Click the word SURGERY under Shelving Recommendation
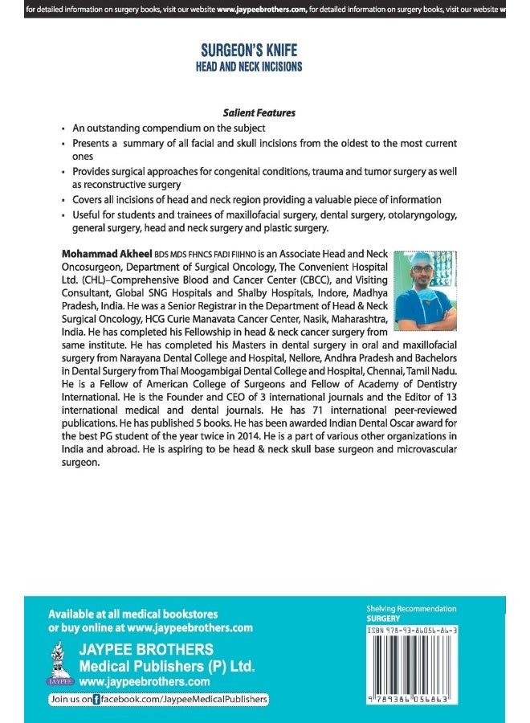coord(383,619)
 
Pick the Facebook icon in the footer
coord(96,700)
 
